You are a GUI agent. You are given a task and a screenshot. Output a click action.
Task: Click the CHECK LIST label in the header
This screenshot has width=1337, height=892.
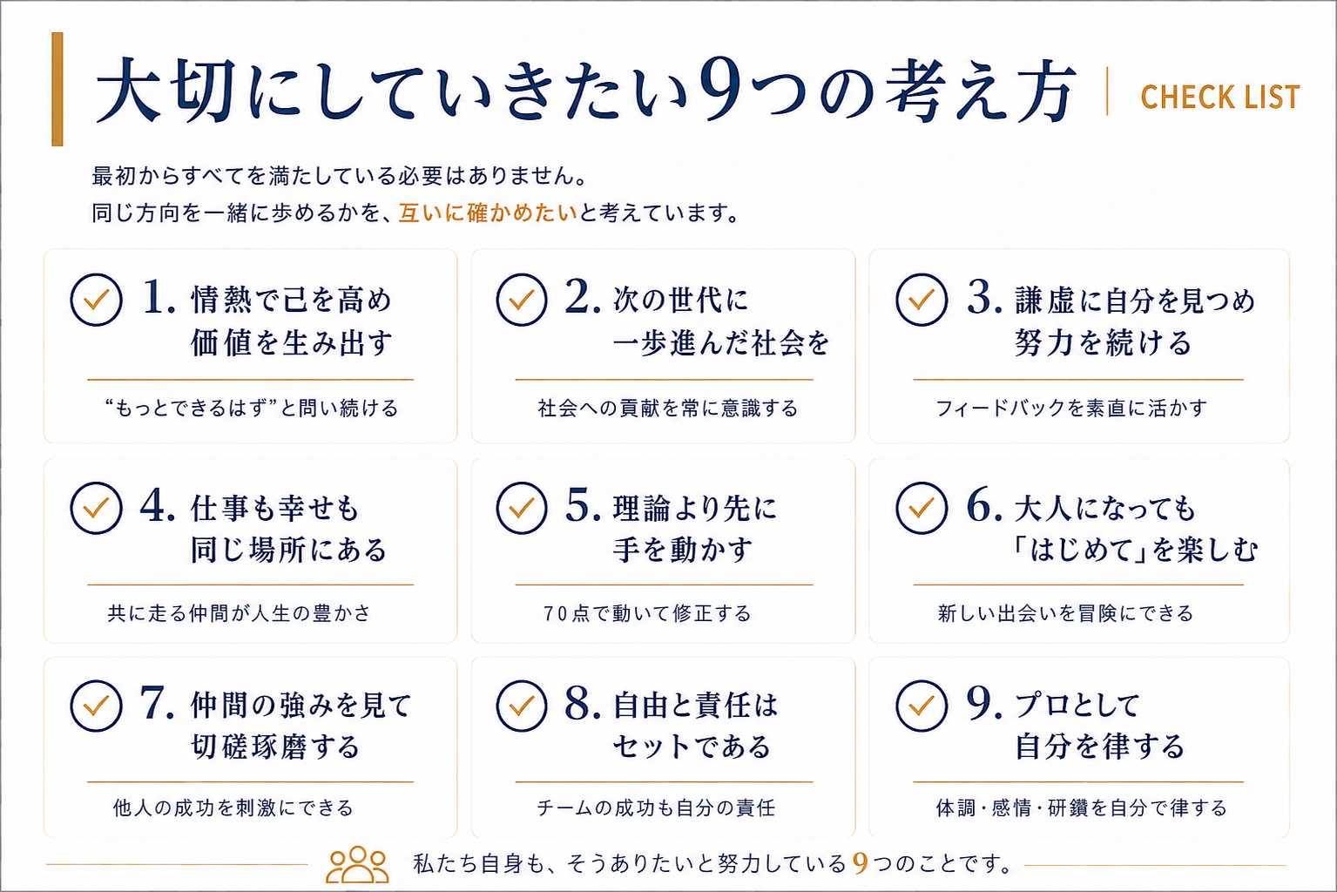coord(1220,98)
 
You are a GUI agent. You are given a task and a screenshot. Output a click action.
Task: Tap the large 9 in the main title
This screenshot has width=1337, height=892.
coord(721,90)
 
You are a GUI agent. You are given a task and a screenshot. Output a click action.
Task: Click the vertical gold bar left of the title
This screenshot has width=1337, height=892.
coord(57,89)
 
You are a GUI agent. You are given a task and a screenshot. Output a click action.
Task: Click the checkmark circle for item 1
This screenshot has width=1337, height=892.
coord(96,300)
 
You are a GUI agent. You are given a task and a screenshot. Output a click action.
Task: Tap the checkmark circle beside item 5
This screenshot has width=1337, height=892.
coord(522,508)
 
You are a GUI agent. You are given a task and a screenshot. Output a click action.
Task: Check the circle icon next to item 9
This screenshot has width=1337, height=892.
coord(922,706)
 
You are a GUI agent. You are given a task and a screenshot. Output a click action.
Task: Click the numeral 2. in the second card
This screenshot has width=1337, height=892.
coord(583,297)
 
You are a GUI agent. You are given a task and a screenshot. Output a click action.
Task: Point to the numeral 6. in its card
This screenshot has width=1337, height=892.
coord(984,506)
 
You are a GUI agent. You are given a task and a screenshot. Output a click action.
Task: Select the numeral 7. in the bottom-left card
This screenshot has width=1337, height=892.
coord(158,703)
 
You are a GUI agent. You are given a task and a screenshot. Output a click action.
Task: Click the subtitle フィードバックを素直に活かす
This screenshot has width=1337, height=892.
coord(1071,409)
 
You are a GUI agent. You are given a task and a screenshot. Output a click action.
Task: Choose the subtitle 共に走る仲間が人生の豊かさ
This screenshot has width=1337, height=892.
coord(240,614)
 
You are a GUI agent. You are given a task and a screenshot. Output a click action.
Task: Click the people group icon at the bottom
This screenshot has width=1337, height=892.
coord(357,864)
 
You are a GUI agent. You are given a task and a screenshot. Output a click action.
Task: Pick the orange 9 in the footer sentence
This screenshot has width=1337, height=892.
coord(860,863)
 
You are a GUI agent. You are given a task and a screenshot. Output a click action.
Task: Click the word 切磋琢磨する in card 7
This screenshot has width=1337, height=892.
coord(275,747)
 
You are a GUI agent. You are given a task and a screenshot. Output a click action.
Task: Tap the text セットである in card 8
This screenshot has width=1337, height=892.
coord(692,747)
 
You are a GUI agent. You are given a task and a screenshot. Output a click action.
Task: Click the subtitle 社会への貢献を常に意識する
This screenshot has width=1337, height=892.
coord(668,409)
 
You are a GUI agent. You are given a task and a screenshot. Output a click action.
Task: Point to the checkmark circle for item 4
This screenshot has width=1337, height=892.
coord(96,508)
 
